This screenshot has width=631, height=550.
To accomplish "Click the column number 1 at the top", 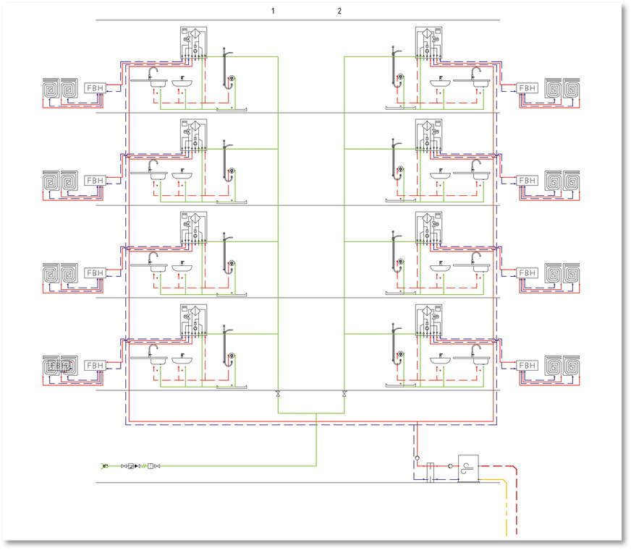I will click(274, 11).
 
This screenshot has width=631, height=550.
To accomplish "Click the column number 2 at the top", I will click(339, 11).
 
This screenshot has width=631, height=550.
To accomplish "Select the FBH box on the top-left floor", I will click(96, 87).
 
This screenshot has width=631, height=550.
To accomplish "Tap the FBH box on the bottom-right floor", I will click(528, 365).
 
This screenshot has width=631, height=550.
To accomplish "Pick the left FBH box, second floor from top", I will click(96, 180).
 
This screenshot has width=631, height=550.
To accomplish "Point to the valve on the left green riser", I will click(279, 394).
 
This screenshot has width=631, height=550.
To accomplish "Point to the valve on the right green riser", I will click(344, 394).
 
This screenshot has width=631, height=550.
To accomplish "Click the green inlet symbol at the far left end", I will click(105, 466).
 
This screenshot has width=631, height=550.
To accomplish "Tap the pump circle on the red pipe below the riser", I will click(418, 457).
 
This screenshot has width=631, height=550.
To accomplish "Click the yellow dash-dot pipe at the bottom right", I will click(506, 513).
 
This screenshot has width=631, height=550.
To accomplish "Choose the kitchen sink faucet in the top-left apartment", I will click(153, 73).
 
